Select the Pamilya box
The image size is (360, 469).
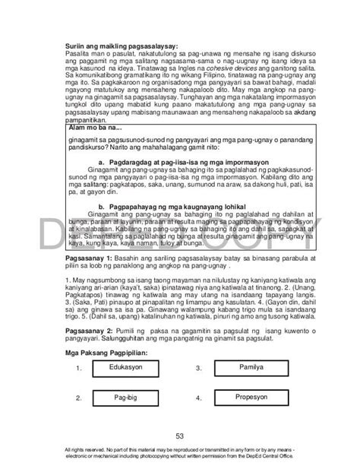pos(245,367)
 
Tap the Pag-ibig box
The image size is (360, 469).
pos(126,397)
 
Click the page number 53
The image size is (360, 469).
pos(180,436)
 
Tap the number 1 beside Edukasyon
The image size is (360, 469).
pos(79,368)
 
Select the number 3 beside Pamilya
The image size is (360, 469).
pos(198,368)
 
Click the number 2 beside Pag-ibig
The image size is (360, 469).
pos(79,398)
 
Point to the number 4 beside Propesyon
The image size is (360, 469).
pos(198,398)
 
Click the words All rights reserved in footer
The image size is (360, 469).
pos(89,451)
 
